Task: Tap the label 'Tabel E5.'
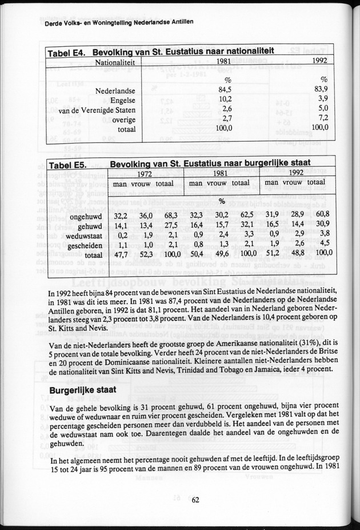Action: (x=67, y=165)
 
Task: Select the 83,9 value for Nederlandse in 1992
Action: (x=321, y=90)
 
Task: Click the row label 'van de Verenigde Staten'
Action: (x=97, y=110)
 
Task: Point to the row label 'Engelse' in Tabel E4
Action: (x=122, y=99)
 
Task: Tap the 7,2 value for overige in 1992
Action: (x=323, y=119)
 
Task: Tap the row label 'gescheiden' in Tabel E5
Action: (x=84, y=245)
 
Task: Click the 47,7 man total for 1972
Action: (x=119, y=254)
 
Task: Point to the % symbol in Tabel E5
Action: (x=220, y=201)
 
